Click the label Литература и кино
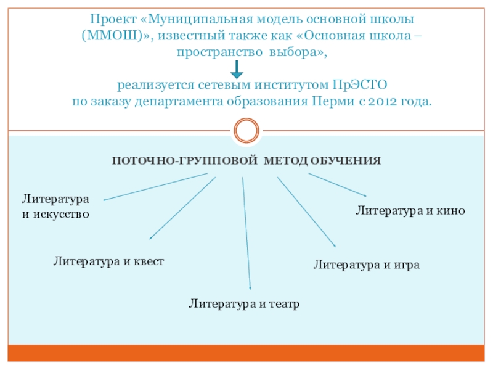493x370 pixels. pyautogui.click(x=410, y=210)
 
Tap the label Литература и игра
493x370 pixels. pyautogui.click(x=367, y=265)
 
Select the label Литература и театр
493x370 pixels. pyautogui.click(x=244, y=303)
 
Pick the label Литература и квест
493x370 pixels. pyautogui.click(x=108, y=261)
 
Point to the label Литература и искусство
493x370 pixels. pyautogui.click(x=56, y=207)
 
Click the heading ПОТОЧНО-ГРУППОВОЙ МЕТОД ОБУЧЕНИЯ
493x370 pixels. pyautogui.click(x=246, y=160)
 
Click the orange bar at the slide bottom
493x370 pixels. pyautogui.click(x=246, y=353)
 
